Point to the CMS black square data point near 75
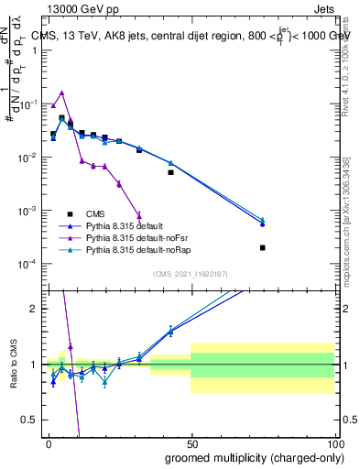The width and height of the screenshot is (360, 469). [262, 247]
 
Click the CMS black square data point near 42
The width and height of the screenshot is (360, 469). [170, 172]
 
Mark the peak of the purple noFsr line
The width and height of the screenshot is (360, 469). [61, 93]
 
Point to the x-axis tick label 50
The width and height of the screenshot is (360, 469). [191, 443]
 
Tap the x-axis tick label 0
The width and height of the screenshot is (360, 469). [48, 443]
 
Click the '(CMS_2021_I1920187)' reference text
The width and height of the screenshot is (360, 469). [191, 275]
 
